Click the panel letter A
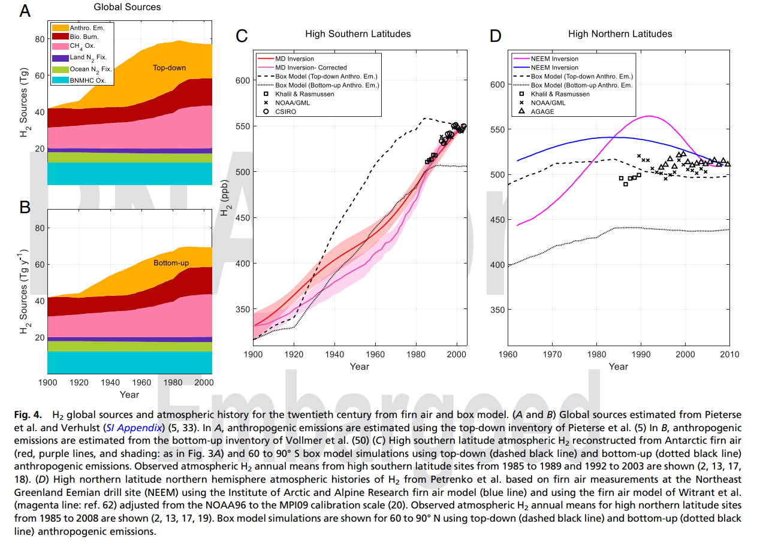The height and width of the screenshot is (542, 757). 25,12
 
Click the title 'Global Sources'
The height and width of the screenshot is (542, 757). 127,7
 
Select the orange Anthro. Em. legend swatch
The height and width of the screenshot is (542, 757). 60,28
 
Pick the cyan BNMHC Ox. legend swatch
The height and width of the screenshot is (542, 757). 60,80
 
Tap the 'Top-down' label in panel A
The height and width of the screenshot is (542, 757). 169,68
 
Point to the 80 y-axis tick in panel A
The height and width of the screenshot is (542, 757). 40,40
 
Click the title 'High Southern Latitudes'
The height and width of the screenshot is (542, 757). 358,34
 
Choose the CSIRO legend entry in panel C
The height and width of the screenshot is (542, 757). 285,111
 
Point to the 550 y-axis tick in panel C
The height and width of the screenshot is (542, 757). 241,126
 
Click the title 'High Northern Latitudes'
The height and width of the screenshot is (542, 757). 620,34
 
